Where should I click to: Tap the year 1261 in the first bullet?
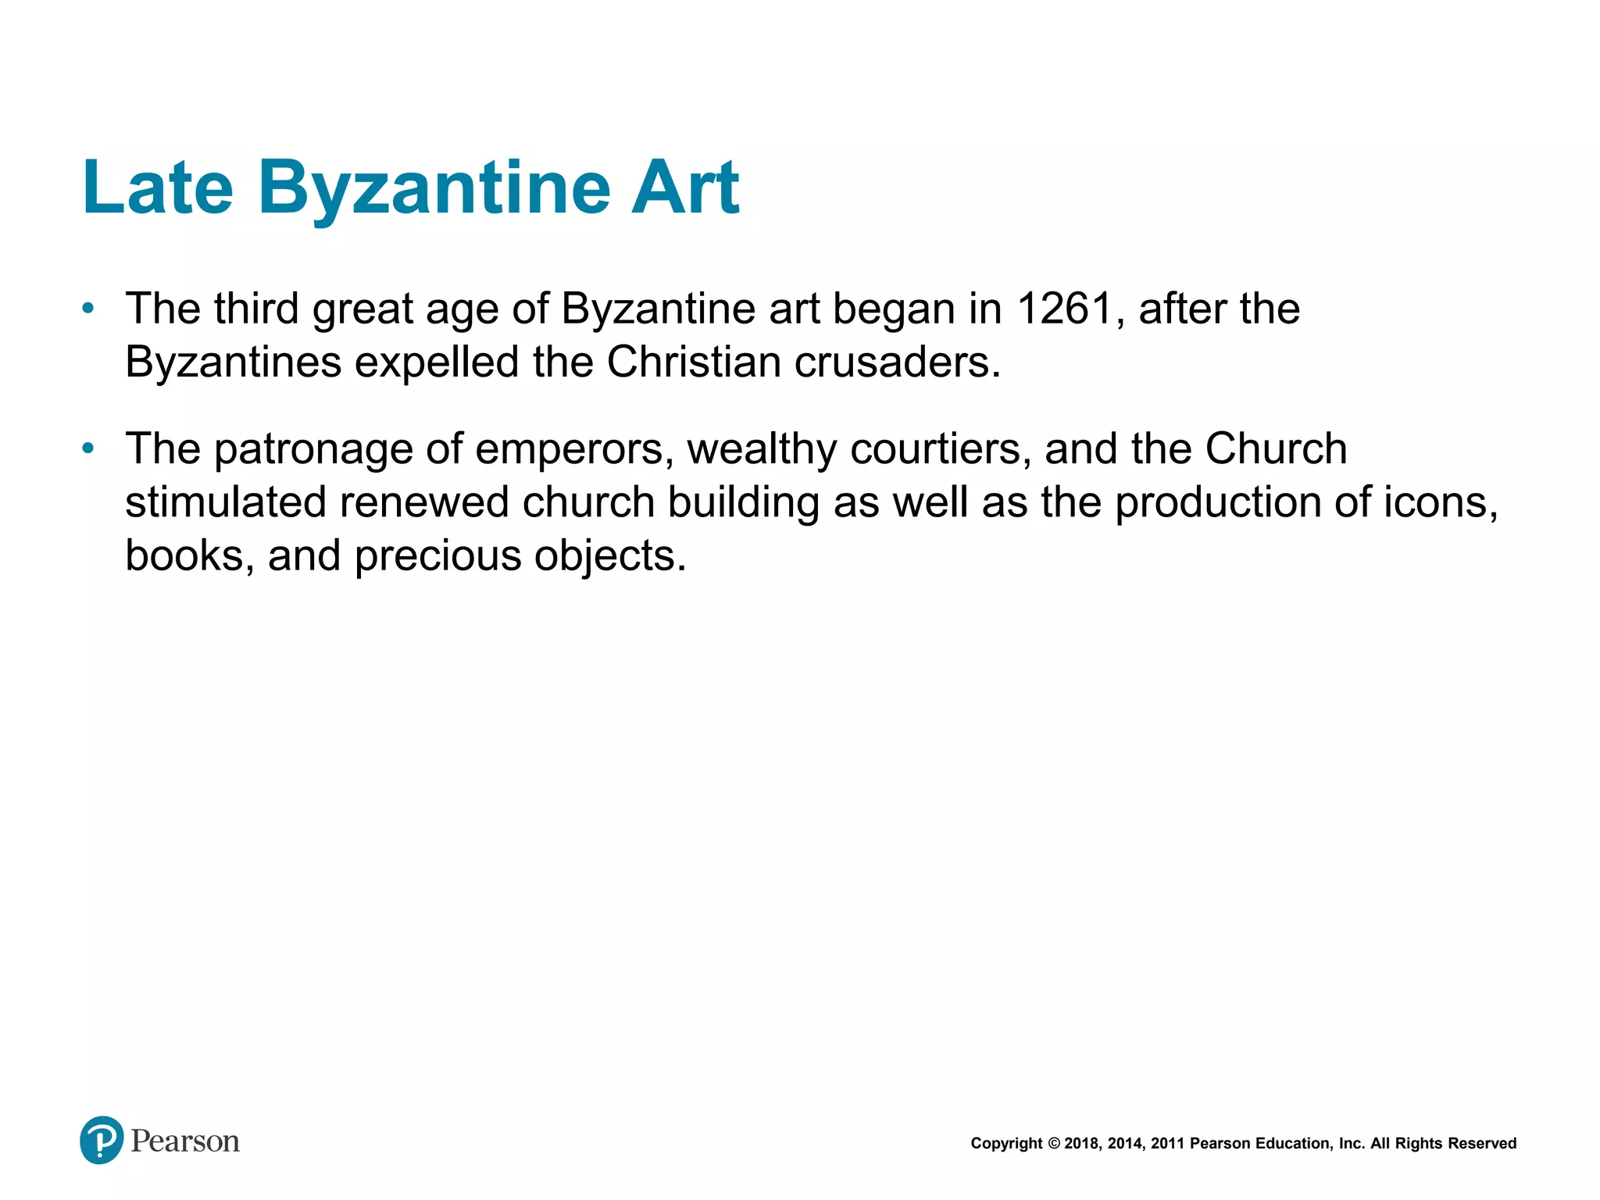click(1065, 309)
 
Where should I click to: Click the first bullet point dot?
click(88, 309)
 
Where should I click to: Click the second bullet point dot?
click(88, 448)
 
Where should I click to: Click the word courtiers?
click(941, 450)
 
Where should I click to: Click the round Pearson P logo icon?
click(102, 1140)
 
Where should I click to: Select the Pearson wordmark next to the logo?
click(185, 1141)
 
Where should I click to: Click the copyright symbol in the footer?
click(1053, 1144)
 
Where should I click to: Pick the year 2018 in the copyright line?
click(1082, 1144)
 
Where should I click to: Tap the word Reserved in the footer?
click(1482, 1144)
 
